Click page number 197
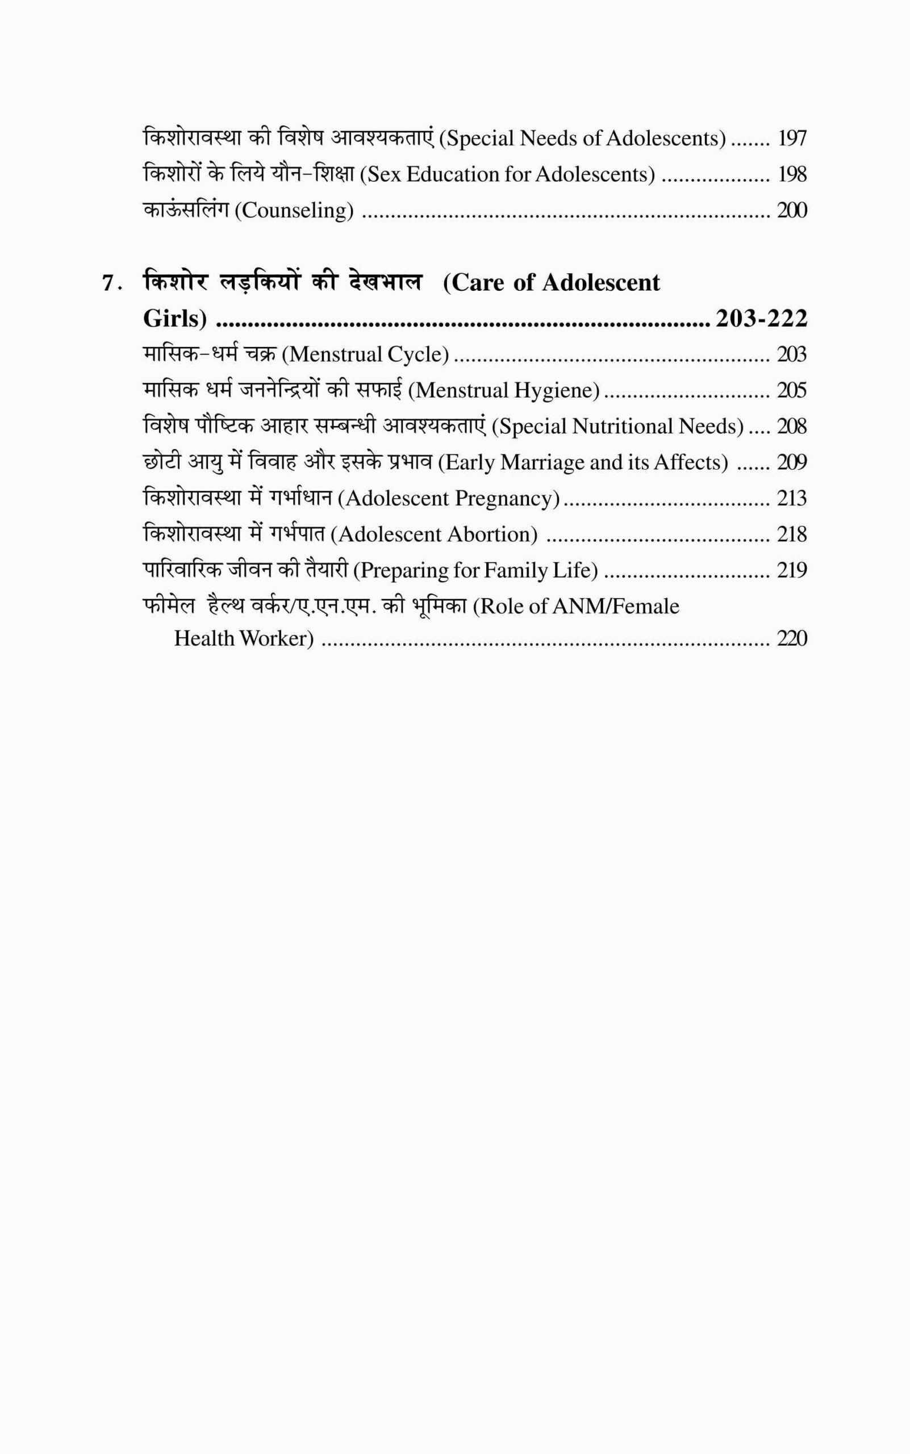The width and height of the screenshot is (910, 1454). coord(792,139)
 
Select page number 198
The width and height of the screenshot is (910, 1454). coord(792,174)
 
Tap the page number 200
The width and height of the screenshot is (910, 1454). coord(791,211)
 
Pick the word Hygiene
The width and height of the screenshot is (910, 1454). coord(565,391)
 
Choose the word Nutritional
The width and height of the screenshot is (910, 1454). coord(621,427)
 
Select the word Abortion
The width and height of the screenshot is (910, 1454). coord(492,534)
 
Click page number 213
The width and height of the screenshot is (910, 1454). coord(791,499)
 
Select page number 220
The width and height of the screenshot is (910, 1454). coord(791,638)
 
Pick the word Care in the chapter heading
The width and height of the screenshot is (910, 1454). coord(478,283)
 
